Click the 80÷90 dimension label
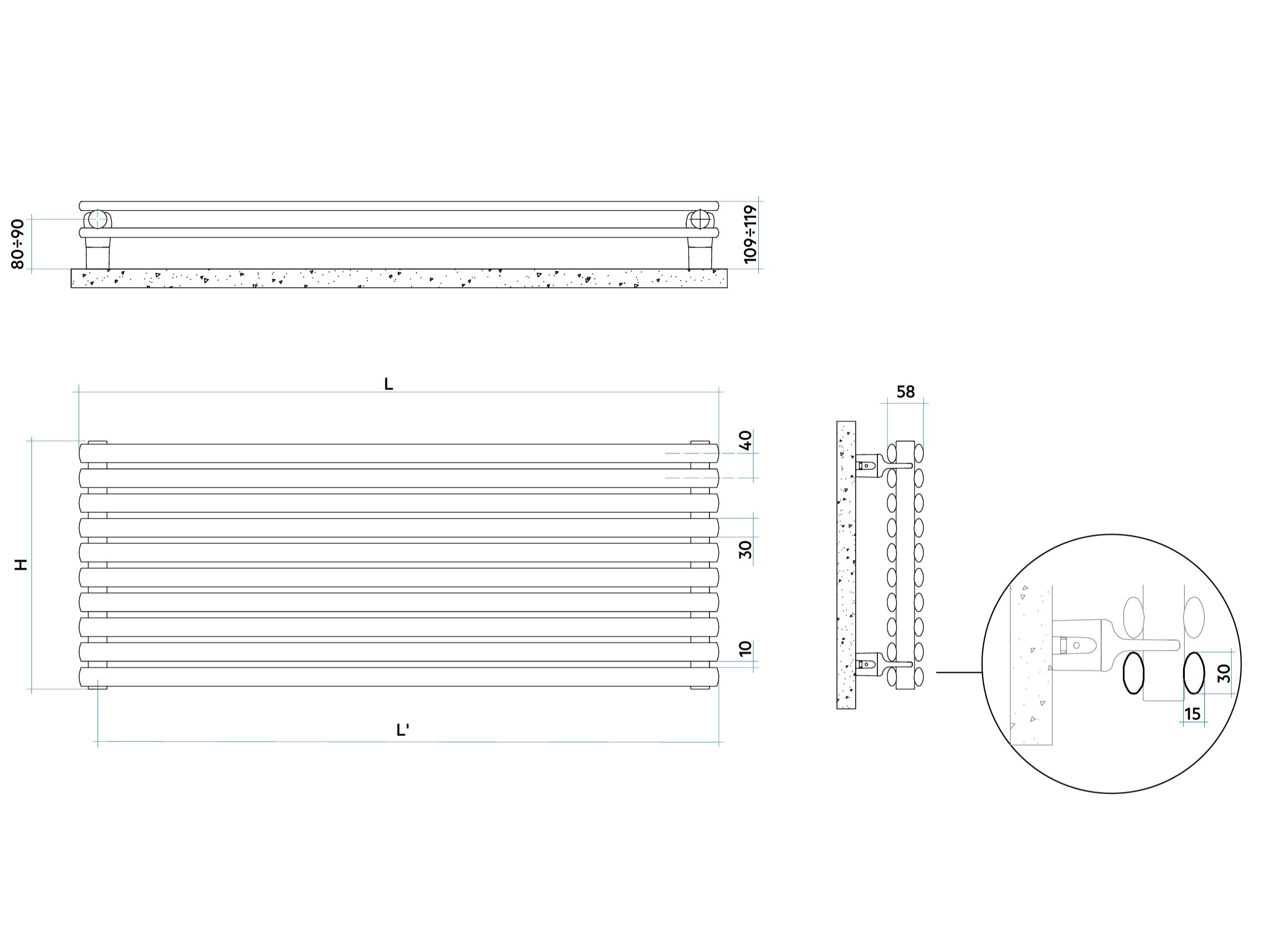18,244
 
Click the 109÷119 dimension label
751,234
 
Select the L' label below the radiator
403,730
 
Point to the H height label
20,565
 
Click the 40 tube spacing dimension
746,440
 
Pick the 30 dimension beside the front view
746,549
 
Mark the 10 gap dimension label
746,648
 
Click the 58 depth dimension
906,392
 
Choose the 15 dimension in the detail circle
1193,714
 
